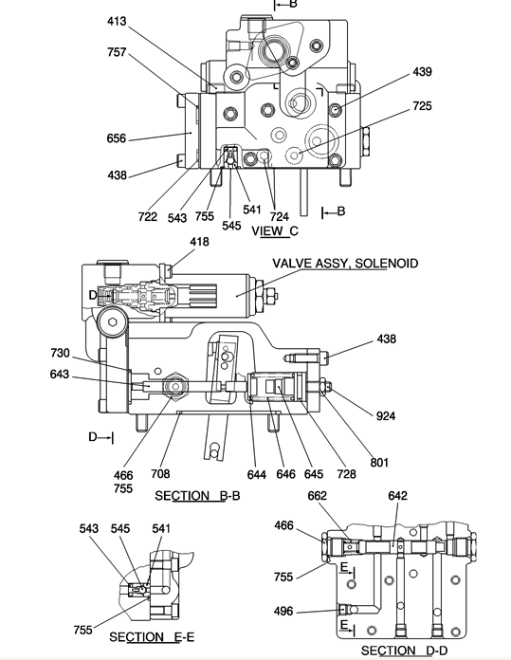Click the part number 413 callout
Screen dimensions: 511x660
coord(117,21)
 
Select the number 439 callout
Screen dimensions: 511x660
coord(422,71)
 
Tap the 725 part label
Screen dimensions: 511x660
coord(422,105)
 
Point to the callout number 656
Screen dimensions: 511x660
coord(117,138)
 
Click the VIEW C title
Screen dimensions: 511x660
coord(275,230)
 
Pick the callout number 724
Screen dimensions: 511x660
coord(279,216)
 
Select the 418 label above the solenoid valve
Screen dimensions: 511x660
coord(199,242)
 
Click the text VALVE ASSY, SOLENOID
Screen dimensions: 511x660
coord(345,264)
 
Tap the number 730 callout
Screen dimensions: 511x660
coord(60,353)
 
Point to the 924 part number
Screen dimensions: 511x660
coord(386,416)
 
